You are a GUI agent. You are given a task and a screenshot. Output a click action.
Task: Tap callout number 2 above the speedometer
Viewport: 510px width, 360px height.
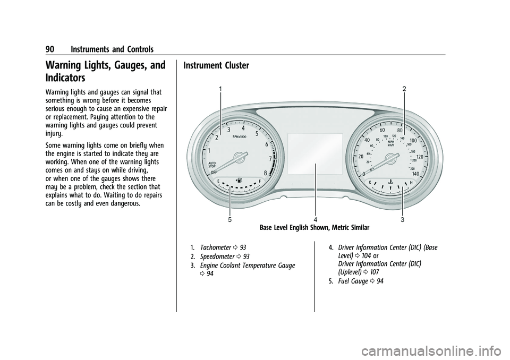pos(404,89)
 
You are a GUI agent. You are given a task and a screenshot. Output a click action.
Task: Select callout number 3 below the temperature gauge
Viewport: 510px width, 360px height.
pos(403,219)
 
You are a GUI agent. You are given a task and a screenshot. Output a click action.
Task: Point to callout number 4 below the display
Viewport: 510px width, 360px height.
pos(316,219)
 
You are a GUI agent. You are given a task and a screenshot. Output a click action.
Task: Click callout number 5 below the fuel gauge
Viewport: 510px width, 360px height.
pos(229,219)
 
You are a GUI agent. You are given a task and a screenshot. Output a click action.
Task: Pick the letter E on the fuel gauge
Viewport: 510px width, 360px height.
pos(218,181)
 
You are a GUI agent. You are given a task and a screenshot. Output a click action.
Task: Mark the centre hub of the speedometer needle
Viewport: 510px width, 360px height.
pos(392,157)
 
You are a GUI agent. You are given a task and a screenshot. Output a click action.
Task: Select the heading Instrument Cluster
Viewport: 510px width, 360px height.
pos(216,66)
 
